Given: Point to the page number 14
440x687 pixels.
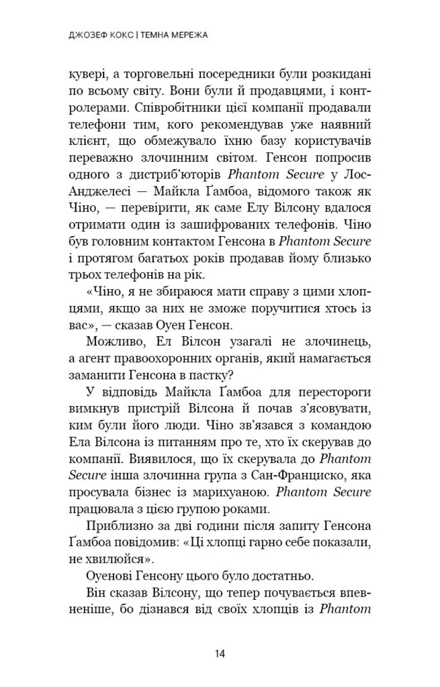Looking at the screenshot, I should point(220,654).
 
